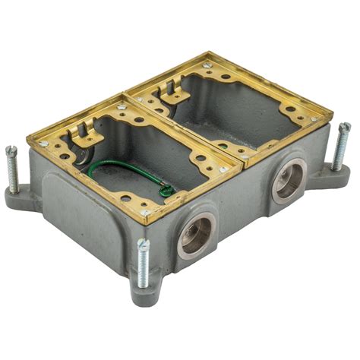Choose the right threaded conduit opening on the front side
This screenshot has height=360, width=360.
point(289,182)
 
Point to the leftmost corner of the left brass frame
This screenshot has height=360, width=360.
point(28,137)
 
